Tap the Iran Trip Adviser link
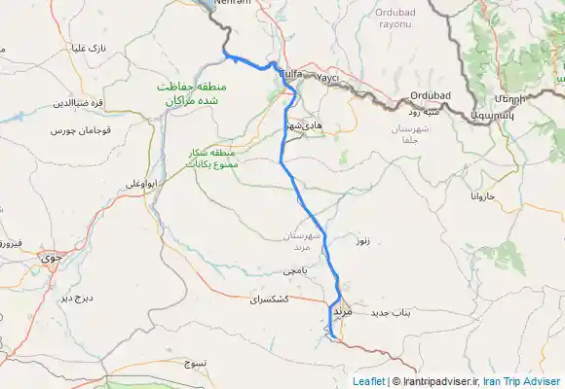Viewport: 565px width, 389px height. click(522, 382)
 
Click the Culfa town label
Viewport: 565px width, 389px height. click(289, 74)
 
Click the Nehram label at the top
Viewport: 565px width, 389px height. click(232, 3)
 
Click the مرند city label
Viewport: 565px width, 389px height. click(341, 311)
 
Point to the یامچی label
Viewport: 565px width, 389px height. click(294, 269)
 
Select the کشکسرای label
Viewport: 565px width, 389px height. click(270, 301)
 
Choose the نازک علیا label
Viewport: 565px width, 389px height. click(86, 48)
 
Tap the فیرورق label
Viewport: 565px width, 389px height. click(8, 243)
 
